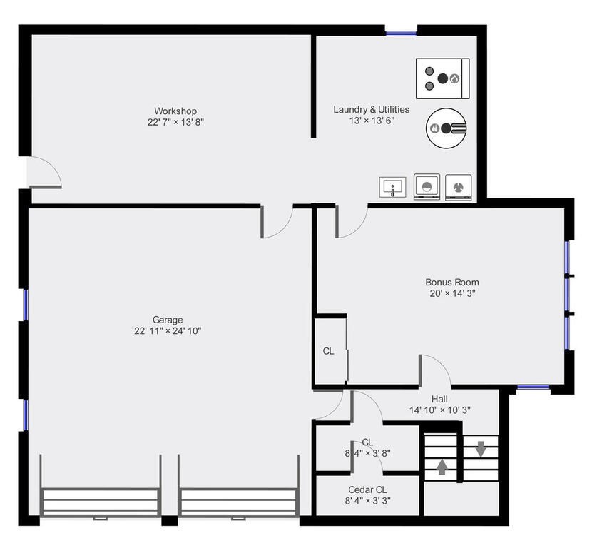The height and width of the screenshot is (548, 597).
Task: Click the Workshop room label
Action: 175,111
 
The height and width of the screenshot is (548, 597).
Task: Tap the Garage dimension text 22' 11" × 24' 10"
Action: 167,331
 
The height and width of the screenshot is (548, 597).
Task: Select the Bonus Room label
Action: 452,282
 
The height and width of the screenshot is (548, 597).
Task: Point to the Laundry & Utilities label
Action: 371,109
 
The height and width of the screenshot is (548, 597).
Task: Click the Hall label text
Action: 439,399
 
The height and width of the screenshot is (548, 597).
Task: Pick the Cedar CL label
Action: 367,489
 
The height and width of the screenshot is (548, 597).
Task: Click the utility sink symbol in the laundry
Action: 392,188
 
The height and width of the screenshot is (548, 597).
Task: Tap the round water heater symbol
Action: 446,128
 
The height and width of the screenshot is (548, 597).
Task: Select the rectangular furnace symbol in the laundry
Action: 442,78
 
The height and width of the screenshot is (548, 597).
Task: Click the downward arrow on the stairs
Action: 480,449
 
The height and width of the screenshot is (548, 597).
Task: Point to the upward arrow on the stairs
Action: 442,467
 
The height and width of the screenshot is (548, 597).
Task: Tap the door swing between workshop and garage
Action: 277,222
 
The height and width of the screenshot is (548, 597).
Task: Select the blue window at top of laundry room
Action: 401,32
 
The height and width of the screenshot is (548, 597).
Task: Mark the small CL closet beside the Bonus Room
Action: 329,350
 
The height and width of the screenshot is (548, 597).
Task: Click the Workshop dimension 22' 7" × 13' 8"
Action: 175,122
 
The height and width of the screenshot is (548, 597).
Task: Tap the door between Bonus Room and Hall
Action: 434,370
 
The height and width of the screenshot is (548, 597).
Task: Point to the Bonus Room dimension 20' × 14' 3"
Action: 452,293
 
